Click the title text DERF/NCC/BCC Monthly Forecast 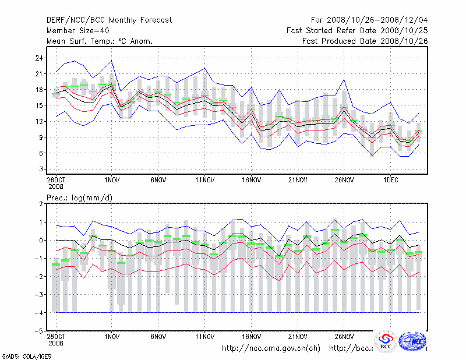tap(109, 20)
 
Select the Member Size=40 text tap(82, 30)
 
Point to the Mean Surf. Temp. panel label tap(100, 41)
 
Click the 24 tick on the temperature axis tap(39, 58)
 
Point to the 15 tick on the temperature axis tap(39, 105)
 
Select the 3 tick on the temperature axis tap(41, 169)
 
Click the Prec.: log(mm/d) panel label tap(79, 197)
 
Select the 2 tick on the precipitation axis tap(41, 204)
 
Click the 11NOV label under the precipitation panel tap(204, 337)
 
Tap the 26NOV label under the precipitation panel tap(344, 337)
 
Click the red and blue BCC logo tap(385, 341)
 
